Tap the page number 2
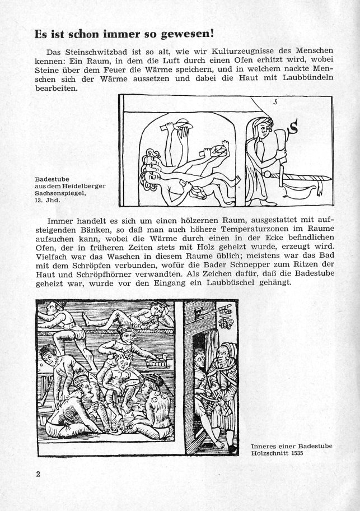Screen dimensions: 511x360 39,475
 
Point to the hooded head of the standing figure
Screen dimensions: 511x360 263,127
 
